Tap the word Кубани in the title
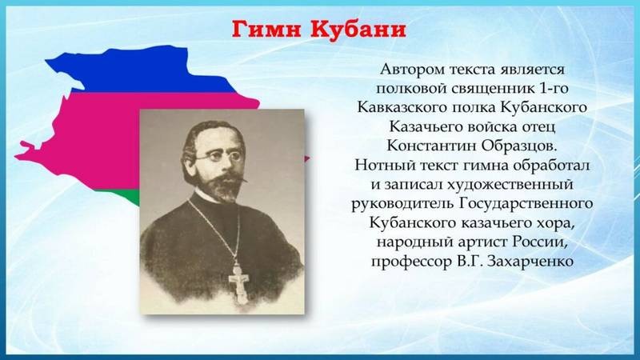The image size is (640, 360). tap(358, 30)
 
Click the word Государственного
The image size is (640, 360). tap(526, 203)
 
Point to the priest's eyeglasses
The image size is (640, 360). tap(218, 156)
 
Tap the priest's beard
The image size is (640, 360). tap(222, 188)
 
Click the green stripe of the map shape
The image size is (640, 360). tap(130, 198)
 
